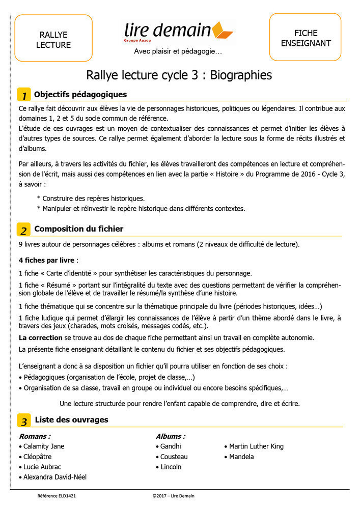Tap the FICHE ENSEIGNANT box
(305, 38)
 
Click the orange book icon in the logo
(222, 31)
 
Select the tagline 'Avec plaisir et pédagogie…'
(178, 51)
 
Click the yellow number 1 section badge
(24, 95)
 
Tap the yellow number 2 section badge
(24, 230)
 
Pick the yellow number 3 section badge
(24, 421)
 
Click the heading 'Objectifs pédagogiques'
(80, 95)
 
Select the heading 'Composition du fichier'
(78, 229)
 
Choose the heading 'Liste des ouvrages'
(71, 420)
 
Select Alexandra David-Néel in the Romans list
(54, 477)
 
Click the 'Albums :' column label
(171, 436)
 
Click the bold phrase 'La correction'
(41, 338)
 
